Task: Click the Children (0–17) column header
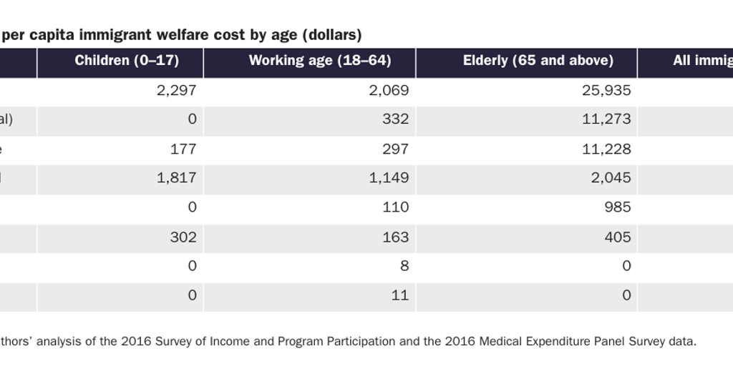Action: pyautogui.click(x=127, y=61)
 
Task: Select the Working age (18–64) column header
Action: pyautogui.click(x=320, y=61)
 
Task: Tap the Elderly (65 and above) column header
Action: pyautogui.click(x=538, y=61)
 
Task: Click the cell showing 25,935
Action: pyautogui.click(x=607, y=90)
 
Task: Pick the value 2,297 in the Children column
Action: pyautogui.click(x=176, y=90)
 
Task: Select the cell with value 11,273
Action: pyautogui.click(x=607, y=119)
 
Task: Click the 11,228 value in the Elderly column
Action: pyautogui.click(x=607, y=149)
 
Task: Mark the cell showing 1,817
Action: pyautogui.click(x=176, y=178)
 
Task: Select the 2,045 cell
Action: pyautogui.click(x=611, y=178)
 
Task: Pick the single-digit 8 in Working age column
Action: pyautogui.click(x=404, y=266)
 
